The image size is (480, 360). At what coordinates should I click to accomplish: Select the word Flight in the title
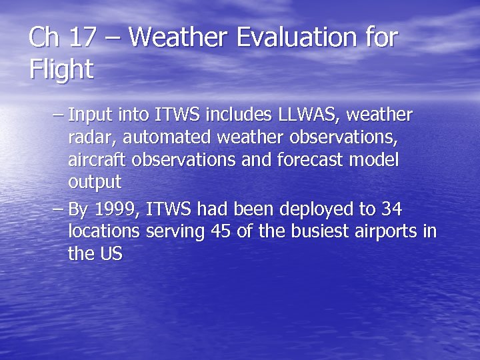61,69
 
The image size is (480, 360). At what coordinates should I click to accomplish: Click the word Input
91,115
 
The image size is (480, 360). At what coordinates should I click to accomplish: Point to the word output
94,183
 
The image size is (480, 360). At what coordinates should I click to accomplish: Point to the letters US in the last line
111,254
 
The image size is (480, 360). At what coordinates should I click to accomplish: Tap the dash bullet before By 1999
58,209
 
